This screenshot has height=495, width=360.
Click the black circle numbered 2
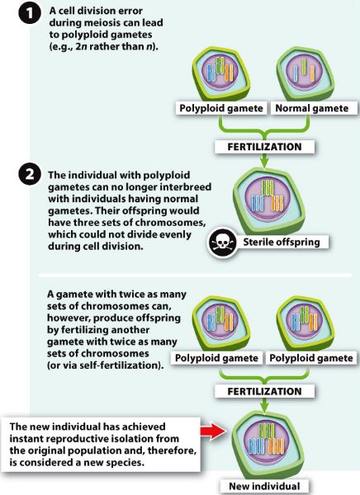coord(30,174)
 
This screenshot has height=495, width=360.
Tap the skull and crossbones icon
coord(222,243)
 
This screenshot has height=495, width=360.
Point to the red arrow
coord(212,431)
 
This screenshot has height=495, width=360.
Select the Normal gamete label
coord(312,108)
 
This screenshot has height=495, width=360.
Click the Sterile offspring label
coord(282,242)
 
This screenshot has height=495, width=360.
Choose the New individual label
coord(264,486)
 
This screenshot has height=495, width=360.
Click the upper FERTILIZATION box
coord(264,147)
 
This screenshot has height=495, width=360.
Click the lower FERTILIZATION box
coord(264,391)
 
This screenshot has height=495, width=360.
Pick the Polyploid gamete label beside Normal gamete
coord(221,108)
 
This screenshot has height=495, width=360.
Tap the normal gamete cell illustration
coord(305,75)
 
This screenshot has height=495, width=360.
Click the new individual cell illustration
coord(268,444)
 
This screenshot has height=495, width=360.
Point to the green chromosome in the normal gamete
coord(304,67)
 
